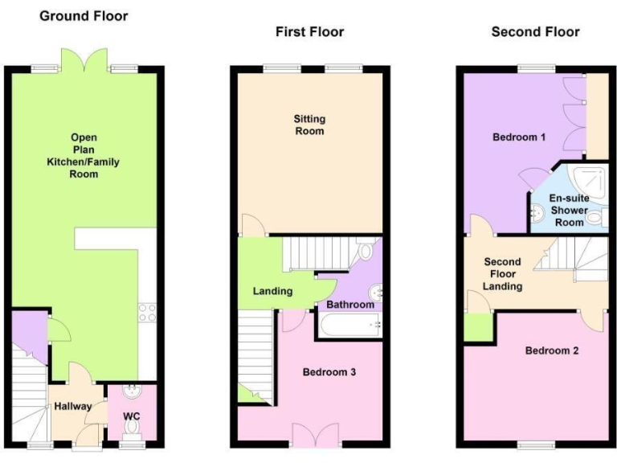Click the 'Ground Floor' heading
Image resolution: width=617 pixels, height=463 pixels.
[84, 15]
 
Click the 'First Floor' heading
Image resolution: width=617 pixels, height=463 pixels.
[309, 32]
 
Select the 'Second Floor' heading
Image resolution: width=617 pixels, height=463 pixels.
[535, 32]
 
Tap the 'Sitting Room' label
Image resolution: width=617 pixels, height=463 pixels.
[309, 125]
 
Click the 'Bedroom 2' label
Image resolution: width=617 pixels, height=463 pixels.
[552, 350]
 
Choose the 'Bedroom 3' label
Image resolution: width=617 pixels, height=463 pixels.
[329, 372]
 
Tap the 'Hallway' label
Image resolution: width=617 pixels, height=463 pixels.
[72, 406]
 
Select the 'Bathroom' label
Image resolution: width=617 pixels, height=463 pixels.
[350, 305]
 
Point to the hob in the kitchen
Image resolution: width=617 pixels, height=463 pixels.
[147, 312]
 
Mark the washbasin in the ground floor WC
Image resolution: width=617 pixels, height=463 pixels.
[133, 392]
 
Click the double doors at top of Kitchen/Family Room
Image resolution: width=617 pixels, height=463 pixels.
[84, 61]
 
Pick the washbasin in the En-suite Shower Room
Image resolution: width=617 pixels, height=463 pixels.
[537, 211]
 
